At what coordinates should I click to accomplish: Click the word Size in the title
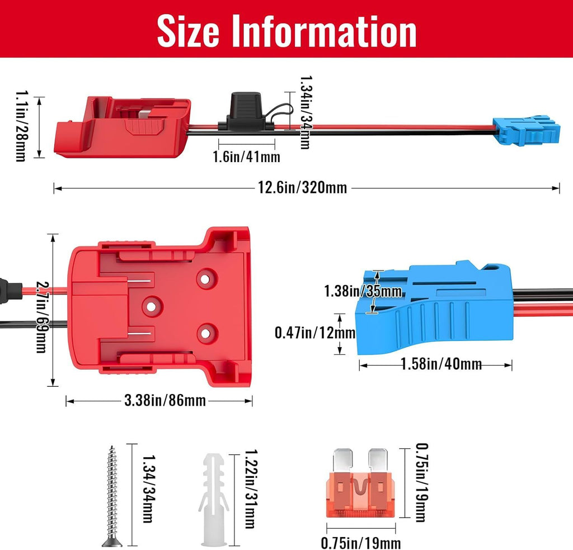pos(188,31)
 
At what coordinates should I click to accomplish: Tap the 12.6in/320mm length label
pos(302,188)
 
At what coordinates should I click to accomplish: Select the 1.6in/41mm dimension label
pos(247,157)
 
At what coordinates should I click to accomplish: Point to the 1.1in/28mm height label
pos(21,126)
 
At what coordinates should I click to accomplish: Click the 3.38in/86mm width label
pos(165,400)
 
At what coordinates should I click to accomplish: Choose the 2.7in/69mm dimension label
pos(41,317)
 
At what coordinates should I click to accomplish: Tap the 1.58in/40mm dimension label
pos(441,364)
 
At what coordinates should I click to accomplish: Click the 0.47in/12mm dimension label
pos(315,333)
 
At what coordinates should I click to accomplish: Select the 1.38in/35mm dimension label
pos(363,291)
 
